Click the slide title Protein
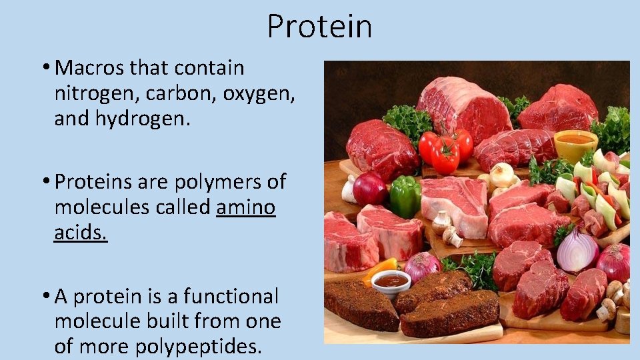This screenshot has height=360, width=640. coord(319,27)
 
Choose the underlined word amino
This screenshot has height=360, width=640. coord(246,207)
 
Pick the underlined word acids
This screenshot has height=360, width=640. coord(81,233)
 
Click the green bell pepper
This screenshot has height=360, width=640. coord(405,196)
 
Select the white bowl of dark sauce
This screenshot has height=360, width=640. coord(391,283)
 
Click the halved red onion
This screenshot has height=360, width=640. coord(577,250)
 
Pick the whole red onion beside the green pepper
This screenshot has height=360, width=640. coord(370,189)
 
